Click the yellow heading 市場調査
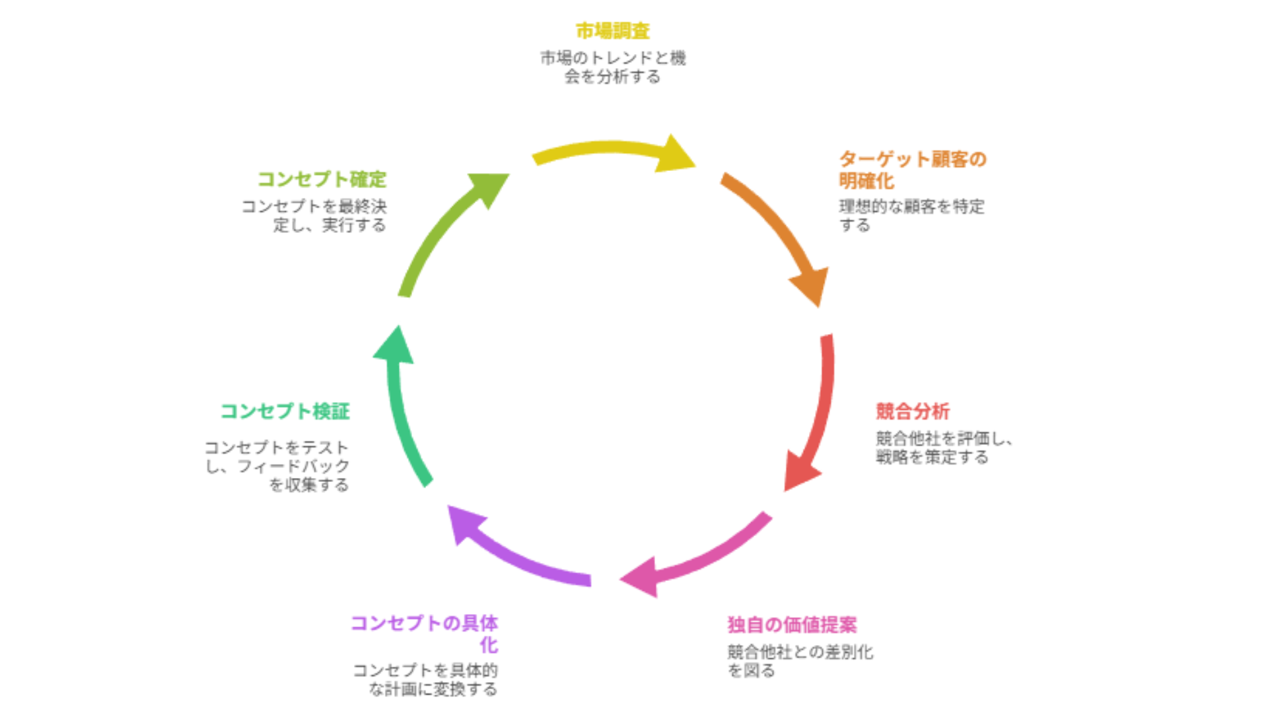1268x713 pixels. (x=612, y=31)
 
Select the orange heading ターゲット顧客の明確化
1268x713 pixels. (x=911, y=170)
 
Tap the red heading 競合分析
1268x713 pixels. (x=913, y=411)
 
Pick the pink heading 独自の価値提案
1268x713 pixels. (x=792, y=625)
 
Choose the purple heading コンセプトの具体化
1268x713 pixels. (x=424, y=633)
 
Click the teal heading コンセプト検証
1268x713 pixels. (x=285, y=411)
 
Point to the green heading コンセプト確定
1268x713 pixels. (x=322, y=179)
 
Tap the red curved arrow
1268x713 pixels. (x=819, y=416)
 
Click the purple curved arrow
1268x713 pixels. (x=515, y=555)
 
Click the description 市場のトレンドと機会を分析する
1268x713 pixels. (x=613, y=67)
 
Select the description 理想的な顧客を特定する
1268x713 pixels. (x=911, y=216)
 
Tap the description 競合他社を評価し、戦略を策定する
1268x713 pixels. (x=943, y=448)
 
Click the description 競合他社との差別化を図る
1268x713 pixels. (x=800, y=662)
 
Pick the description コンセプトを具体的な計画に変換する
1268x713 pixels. (x=426, y=680)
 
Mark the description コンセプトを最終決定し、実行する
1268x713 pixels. (x=314, y=216)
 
